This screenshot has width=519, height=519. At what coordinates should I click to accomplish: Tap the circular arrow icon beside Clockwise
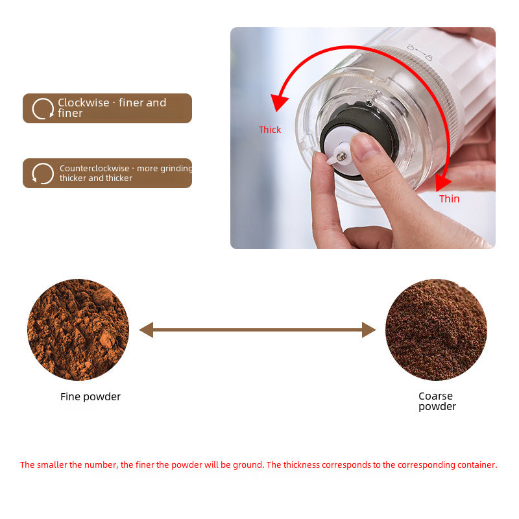click(x=43, y=108)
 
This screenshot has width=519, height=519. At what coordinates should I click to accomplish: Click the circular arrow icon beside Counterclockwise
click(x=43, y=173)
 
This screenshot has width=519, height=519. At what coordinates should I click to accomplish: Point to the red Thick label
click(x=270, y=130)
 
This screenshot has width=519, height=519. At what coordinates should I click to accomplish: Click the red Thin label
click(x=449, y=199)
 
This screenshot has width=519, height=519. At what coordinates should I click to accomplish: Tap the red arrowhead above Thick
click(x=280, y=103)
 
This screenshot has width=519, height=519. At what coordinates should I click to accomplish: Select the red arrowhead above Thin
click(x=443, y=181)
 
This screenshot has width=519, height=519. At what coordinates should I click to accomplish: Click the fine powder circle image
click(x=78, y=330)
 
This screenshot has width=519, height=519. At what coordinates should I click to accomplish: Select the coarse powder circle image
click(x=436, y=330)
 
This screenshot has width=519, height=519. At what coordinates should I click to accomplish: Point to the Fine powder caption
click(x=90, y=397)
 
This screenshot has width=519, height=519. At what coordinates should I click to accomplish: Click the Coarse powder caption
click(x=437, y=401)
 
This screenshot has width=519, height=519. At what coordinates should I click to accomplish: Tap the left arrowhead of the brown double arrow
click(x=146, y=330)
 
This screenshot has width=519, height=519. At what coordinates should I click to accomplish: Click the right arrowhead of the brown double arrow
click(x=368, y=330)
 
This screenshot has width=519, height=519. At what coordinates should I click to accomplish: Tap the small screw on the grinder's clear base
click(x=368, y=103)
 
